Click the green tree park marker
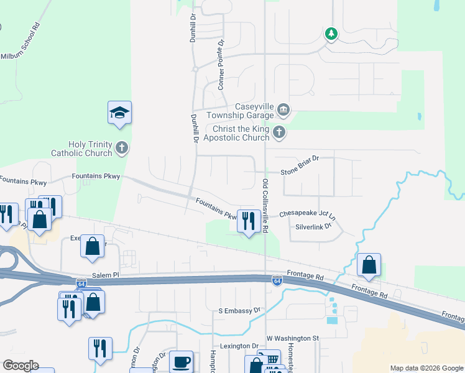(331, 34)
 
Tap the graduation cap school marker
(119, 113)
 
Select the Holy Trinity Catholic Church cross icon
(122, 148)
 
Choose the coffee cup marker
(182, 362)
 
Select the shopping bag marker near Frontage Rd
(369, 264)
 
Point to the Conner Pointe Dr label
(220, 63)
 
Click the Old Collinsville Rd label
(265, 206)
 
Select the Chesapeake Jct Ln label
(307, 213)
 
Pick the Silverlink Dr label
(314, 227)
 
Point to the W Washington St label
(292, 338)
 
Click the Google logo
(21, 366)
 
